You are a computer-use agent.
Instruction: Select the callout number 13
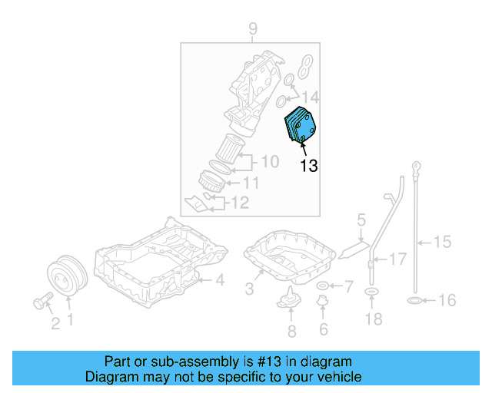click(308, 165)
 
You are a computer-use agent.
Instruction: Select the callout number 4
click(219, 281)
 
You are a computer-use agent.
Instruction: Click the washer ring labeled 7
click(324, 287)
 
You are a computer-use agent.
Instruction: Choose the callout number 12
click(241, 203)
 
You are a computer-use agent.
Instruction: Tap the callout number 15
click(442, 243)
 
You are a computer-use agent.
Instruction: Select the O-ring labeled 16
click(413, 300)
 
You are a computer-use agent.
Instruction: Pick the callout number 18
click(373, 319)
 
